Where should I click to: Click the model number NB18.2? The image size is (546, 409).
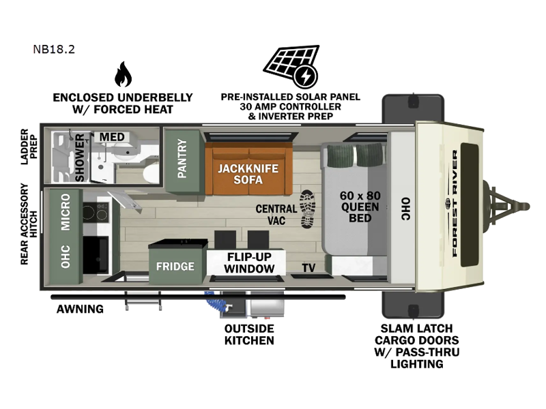coord(54,49)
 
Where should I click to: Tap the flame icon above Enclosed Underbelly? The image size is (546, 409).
coord(123,74)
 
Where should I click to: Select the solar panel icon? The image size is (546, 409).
coord(291,66)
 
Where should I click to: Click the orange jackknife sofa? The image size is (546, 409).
coord(249,168)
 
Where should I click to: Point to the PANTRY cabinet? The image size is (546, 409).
coord(182,160)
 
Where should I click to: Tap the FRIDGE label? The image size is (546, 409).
coord(175,267)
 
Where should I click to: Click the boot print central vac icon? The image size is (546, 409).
coord(308,209)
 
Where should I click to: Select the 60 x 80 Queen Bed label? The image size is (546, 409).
coord(360,207)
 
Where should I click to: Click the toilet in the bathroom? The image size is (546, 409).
coord(151,173)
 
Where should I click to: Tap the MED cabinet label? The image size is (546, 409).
coord(112,137)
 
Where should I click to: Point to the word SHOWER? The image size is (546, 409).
coord(80,157)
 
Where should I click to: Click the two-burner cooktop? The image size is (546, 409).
coord(96,211)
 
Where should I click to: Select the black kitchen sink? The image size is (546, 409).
coord(96,254)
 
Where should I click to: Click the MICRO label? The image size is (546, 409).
coord(65,212)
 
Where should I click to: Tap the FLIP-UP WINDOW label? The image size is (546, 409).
coord(249,262)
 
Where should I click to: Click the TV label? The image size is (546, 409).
coord(308,267)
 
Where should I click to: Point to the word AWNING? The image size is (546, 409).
coord(80,309)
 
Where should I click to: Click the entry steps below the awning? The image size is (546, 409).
coord(143,301)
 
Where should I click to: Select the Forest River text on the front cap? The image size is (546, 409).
coord(455,203)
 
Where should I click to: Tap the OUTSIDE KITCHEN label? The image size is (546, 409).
coord(249,334)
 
